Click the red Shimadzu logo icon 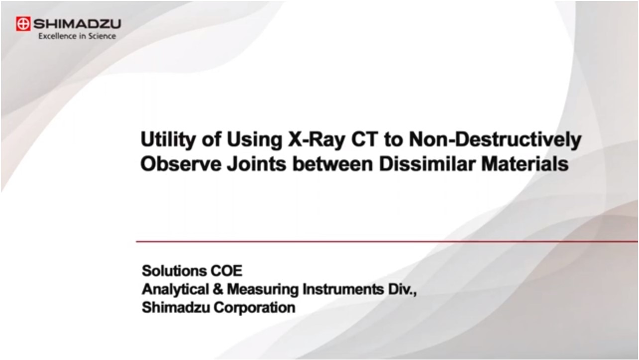point(23,23)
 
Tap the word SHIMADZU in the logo point(76,23)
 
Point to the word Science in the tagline point(103,36)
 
